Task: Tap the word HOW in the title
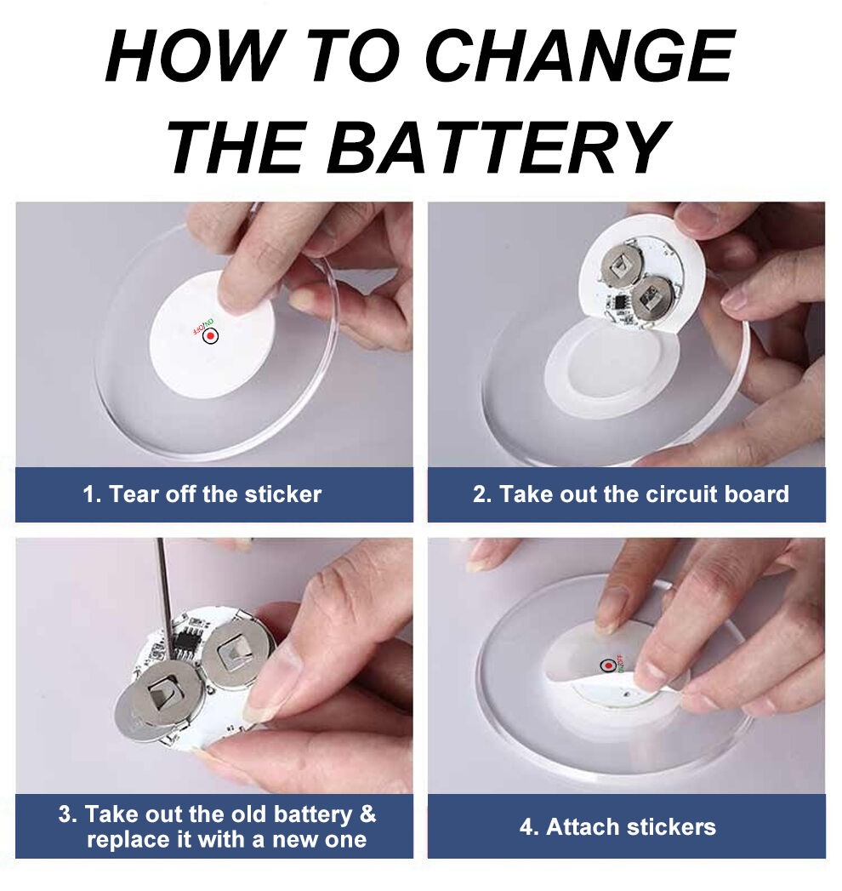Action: click(196, 55)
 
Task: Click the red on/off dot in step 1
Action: click(211, 336)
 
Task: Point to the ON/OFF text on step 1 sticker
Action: click(203, 326)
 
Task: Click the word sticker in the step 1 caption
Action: click(282, 494)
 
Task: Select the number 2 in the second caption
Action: click(479, 494)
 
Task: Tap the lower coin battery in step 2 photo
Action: click(652, 298)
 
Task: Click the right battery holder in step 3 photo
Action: click(237, 653)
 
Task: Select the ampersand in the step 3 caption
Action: click(368, 814)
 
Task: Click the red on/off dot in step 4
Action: click(608, 665)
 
